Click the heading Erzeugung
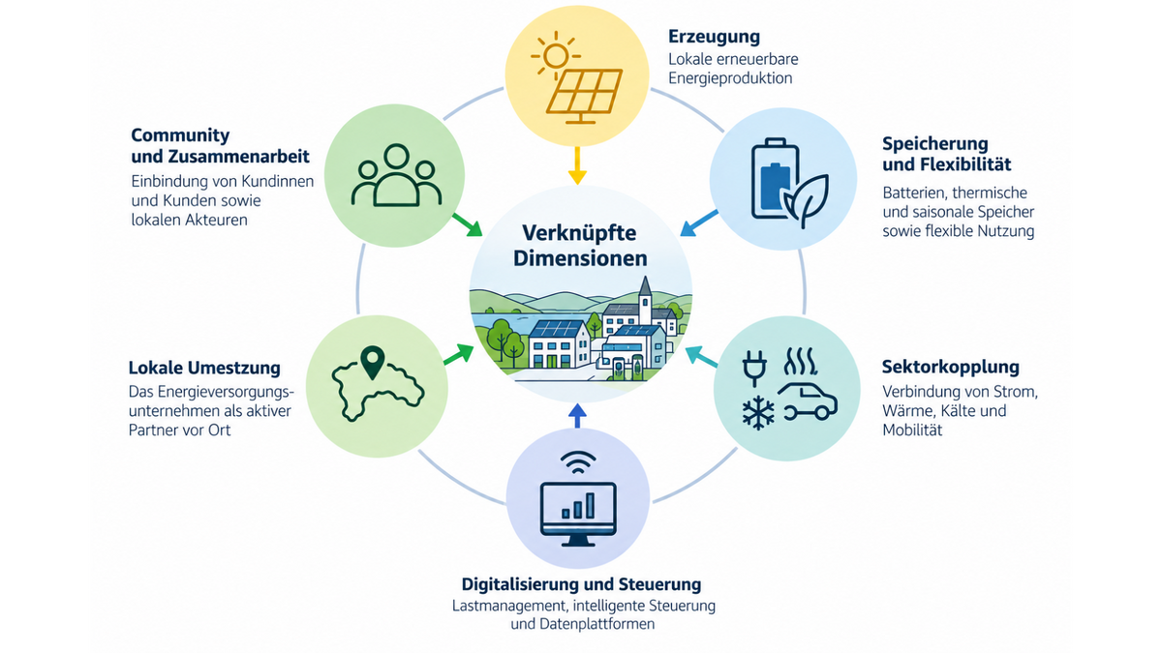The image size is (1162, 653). point(714,37)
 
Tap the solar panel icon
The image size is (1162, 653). point(584,97)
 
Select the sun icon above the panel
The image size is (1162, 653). point(555,55)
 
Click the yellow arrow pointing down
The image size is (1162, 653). point(577,165)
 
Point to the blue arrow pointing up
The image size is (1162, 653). point(577,416)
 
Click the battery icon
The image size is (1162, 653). point(775,178)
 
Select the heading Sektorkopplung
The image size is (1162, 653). point(950,367)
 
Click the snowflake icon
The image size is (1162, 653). point(758,413)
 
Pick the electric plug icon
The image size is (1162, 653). point(754,368)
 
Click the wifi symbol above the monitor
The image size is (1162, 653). point(578,462)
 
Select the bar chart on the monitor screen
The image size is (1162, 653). point(578,506)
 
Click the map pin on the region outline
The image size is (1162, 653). point(373,362)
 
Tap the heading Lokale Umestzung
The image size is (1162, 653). point(204,368)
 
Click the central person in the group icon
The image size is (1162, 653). point(396,175)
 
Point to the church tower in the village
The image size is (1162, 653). point(645,301)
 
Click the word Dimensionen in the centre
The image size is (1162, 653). point(580,258)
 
